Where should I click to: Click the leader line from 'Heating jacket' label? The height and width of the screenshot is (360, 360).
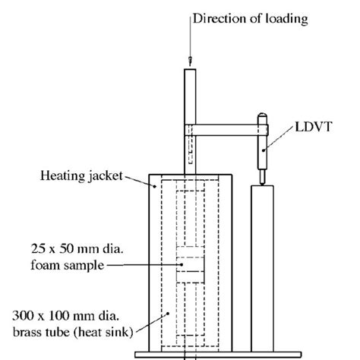pyautogui.click(x=135, y=179)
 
